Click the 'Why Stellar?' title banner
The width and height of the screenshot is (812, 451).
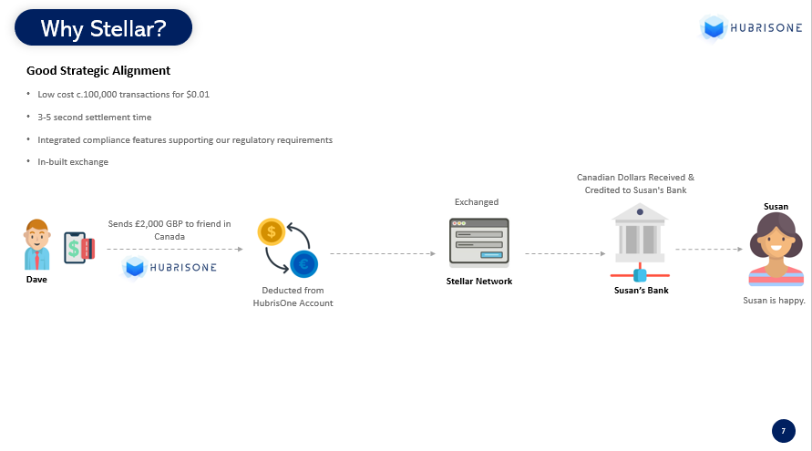pos(104,27)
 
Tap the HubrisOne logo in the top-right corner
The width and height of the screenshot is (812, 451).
pos(751,27)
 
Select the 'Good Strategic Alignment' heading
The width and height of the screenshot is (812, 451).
pos(98,70)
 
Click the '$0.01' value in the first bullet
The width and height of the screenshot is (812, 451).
pos(198,94)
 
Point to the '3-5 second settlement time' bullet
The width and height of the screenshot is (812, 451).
pos(94,117)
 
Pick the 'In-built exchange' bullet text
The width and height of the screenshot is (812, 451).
pos(73,161)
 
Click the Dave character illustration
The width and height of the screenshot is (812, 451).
pos(36,245)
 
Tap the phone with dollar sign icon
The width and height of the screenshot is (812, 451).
pos(79,248)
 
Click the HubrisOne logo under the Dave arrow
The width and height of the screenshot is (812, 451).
pos(170,267)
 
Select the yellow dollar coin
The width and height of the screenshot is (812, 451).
pos(272,231)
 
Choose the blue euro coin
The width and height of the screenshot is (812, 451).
pos(304,264)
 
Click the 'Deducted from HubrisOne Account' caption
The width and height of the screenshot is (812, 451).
pos(293,297)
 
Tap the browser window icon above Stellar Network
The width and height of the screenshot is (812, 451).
pos(479,242)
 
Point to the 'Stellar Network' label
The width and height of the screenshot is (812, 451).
pos(479,282)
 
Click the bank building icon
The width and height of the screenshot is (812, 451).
pos(640,241)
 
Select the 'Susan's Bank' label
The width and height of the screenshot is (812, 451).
pos(641,291)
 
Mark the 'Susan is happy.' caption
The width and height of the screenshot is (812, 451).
pos(775,301)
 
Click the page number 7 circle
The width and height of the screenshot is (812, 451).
pos(784,431)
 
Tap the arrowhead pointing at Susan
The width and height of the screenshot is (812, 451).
pos(740,249)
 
